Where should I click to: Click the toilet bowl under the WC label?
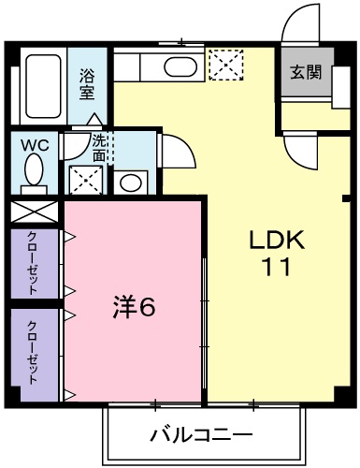(x=34, y=173)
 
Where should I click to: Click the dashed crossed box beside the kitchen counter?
(x=224, y=66)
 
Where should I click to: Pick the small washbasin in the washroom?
(x=132, y=181)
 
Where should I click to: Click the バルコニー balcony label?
(x=200, y=435)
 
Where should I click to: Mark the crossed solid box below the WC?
(x=35, y=211)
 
